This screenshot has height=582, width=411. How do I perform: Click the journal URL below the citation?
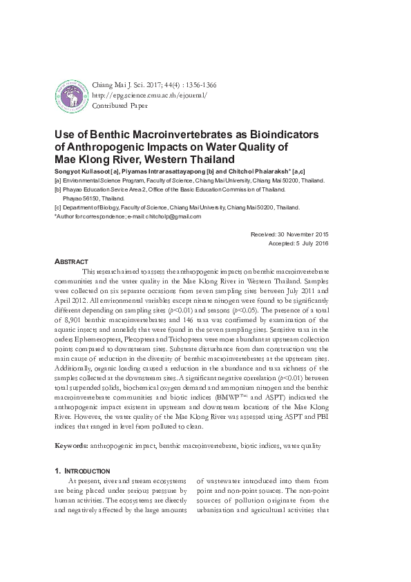[x=149, y=95]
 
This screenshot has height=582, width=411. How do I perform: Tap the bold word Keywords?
[x=74, y=447]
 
